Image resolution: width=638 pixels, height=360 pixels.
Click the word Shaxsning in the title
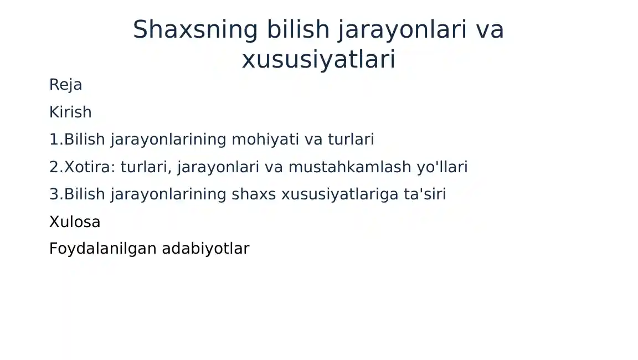click(x=195, y=29)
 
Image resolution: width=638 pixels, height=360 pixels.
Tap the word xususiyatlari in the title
click(x=318, y=59)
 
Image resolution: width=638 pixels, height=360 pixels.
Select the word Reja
click(x=65, y=85)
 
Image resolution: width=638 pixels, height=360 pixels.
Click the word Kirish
click(x=70, y=112)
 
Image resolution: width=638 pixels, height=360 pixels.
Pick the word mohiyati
click(x=266, y=139)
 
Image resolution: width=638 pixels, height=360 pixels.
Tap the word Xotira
click(x=90, y=167)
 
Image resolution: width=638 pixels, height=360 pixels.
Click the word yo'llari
click(x=443, y=167)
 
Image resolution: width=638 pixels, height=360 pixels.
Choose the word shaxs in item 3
click(x=254, y=194)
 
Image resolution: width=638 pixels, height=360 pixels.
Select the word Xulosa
click(x=75, y=222)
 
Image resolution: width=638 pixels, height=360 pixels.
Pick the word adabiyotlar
click(x=205, y=249)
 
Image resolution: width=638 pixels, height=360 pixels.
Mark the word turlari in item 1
click(x=351, y=139)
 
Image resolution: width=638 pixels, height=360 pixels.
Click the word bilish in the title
click(x=299, y=29)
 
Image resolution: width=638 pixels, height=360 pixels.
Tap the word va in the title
click(x=490, y=30)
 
